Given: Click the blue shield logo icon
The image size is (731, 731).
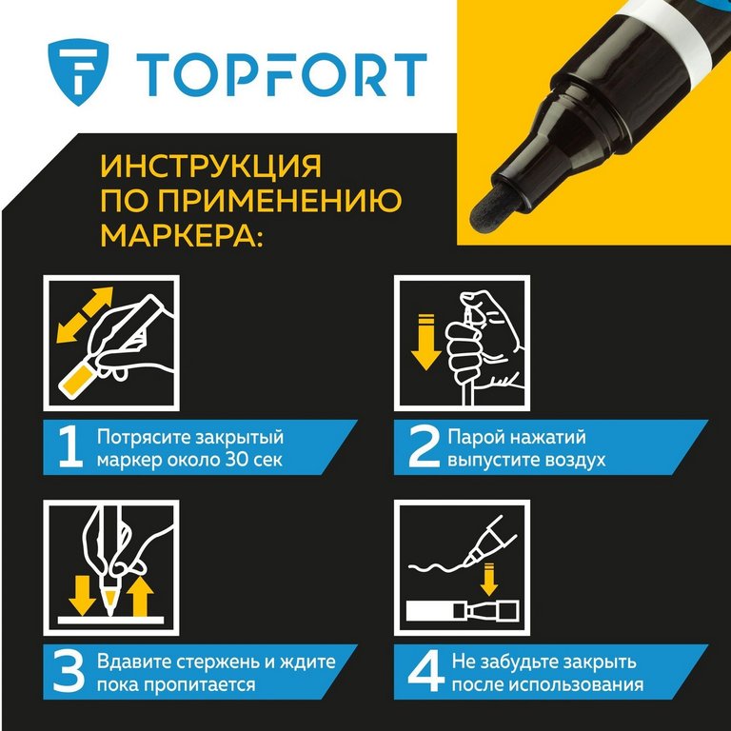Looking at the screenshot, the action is pos(78,71).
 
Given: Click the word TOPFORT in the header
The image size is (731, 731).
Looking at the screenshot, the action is pos(282,74).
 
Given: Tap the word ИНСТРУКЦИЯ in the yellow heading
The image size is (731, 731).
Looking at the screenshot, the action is pos(211,166).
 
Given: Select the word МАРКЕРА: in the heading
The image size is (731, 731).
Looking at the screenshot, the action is pos(183,234).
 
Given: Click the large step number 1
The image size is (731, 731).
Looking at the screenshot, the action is pos(70,447).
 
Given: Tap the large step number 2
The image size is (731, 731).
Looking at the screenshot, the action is pos(424,447).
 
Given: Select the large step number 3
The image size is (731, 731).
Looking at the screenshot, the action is pos(69,672).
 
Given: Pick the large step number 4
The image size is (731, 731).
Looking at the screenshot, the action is pos(425,672).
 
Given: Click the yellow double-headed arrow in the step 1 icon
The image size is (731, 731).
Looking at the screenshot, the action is pos(85,315).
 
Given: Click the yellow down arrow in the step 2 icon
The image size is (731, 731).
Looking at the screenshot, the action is pos(426,342).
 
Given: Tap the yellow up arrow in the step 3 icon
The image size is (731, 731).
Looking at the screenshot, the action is pos(140,597).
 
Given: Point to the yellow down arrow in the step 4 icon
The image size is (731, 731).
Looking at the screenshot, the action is pos(488,579).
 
